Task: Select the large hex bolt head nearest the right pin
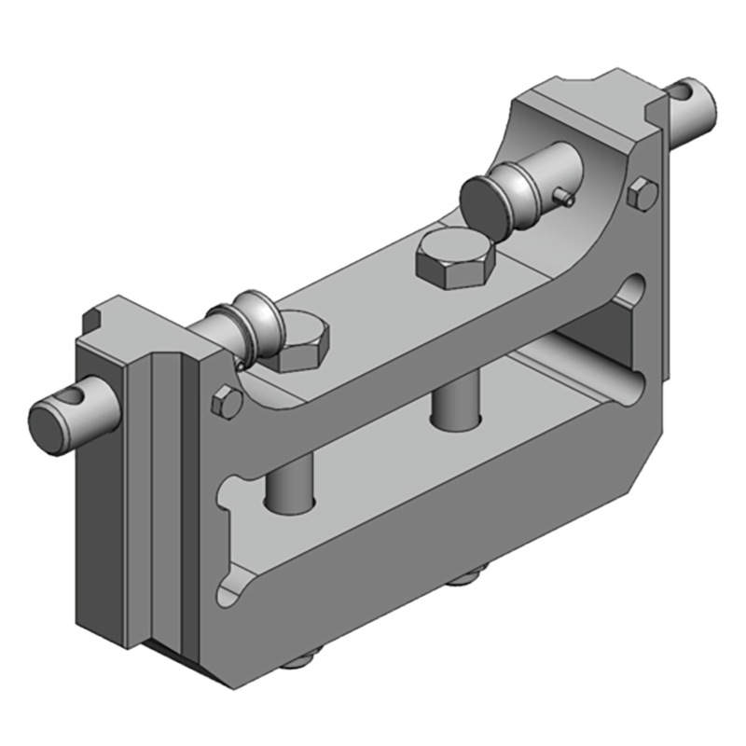point(452,258)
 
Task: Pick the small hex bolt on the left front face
point(227,402)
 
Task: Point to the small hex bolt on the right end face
point(642,196)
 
